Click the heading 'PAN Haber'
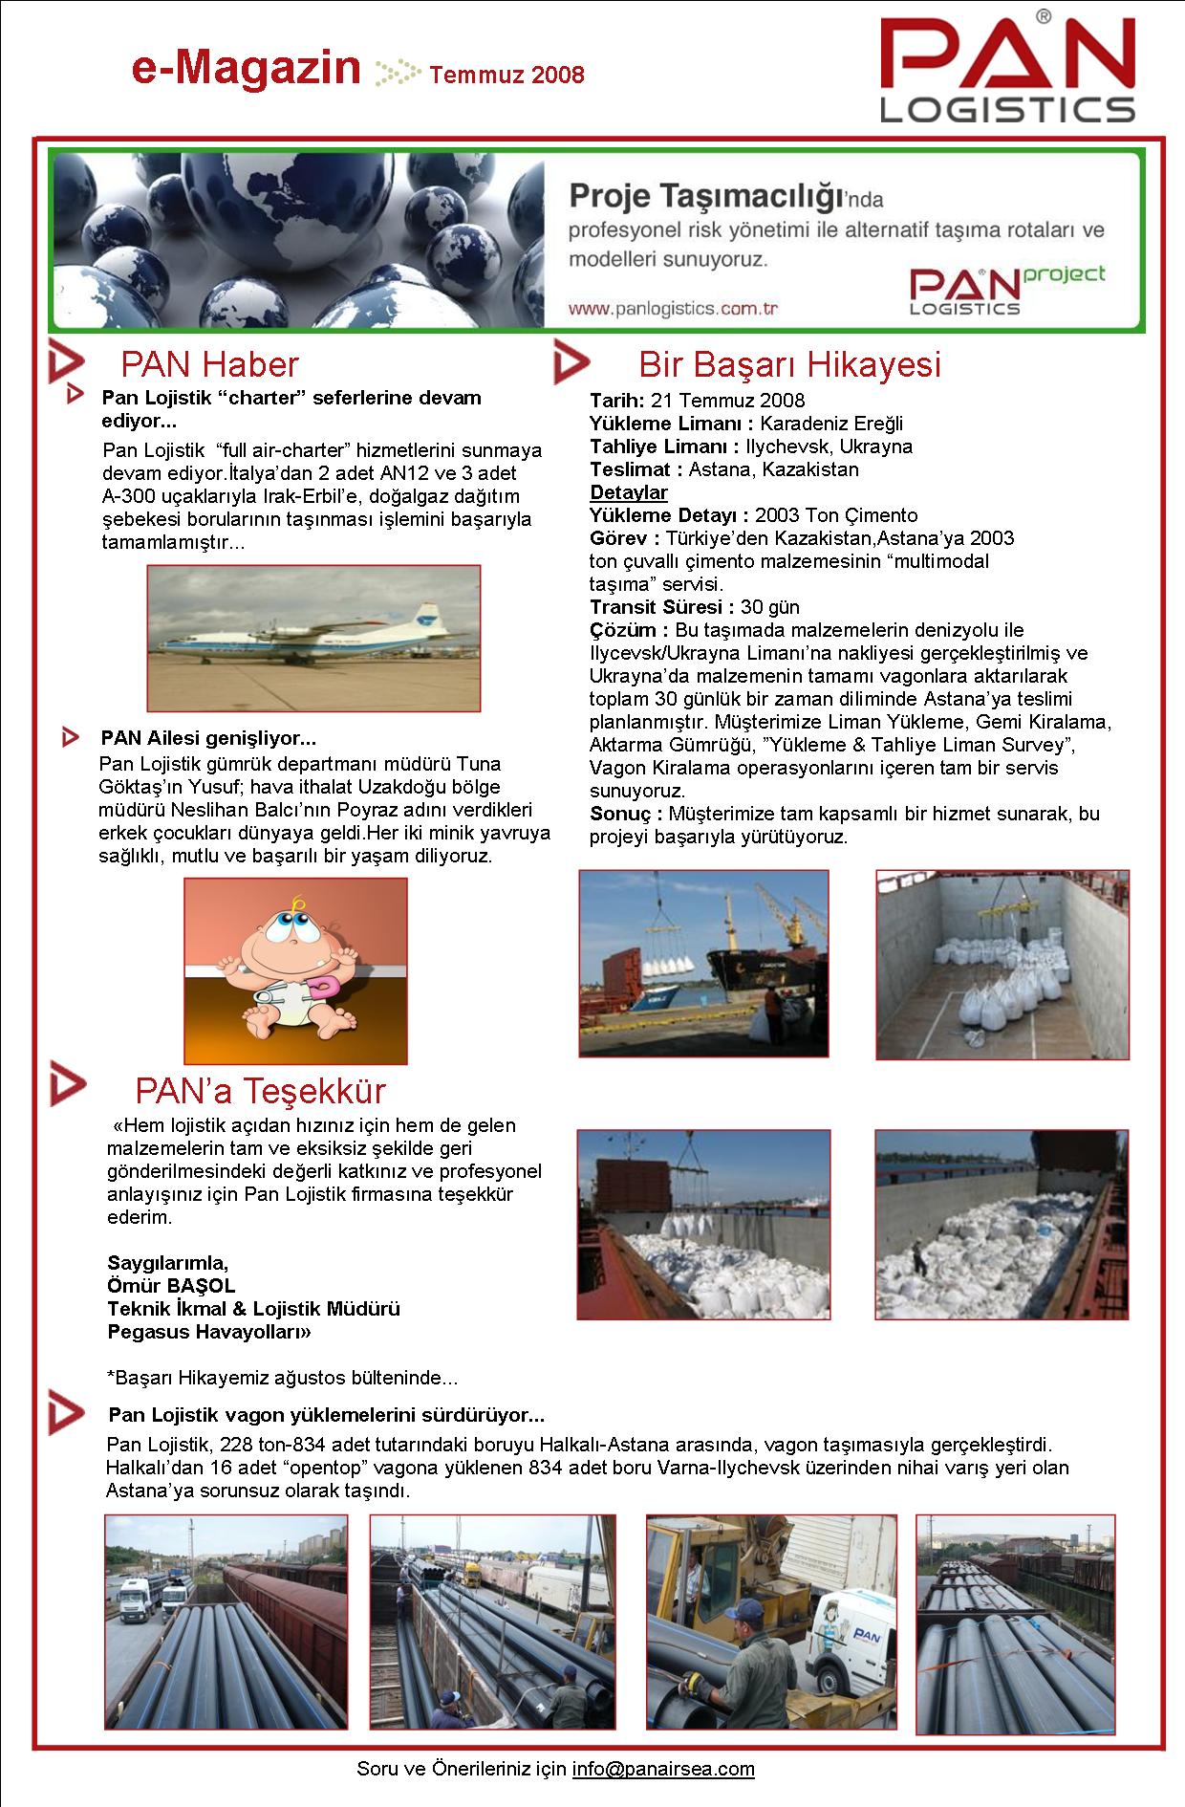pos(209,364)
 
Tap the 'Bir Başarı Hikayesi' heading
pos(789,364)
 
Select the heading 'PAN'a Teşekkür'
pos(260,1090)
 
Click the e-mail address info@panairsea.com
pos(663,1768)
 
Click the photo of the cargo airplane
pos(313,638)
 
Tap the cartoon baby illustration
pos(295,970)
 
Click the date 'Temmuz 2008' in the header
pos(506,75)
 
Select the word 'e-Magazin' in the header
pos(246,70)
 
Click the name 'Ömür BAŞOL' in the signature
pos(171,1285)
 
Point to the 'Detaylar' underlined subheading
pos(628,492)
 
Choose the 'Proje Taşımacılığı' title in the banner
pos(705,197)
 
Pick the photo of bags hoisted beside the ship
pos(703,963)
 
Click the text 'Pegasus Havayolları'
pos(209,1331)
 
